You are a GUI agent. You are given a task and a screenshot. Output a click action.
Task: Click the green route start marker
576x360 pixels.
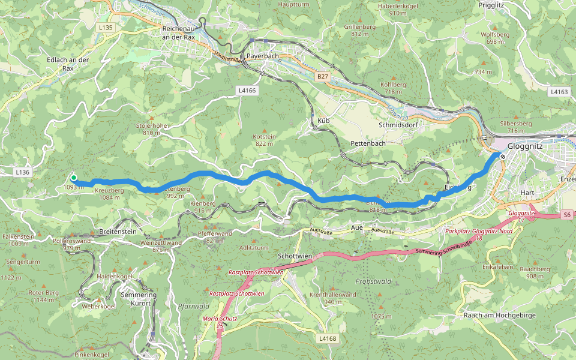pos(74,178)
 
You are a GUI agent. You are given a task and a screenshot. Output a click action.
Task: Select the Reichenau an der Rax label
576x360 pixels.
pos(179,32)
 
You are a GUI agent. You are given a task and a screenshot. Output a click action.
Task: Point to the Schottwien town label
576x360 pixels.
pos(295,256)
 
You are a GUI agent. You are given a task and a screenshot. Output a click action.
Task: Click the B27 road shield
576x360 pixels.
pos(323,77)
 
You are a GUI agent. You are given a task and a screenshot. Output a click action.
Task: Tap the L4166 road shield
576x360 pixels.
pos(247,91)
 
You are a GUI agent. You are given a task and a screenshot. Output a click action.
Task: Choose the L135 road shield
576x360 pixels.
pos(105,28)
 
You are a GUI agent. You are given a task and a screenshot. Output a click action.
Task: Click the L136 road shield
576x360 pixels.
pos(22,172)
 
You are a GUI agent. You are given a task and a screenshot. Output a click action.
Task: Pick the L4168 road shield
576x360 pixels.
pos(328,338)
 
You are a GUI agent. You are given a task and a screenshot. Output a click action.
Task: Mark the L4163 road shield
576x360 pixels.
pos(559,92)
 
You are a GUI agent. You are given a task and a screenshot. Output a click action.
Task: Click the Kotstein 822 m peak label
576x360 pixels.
pos(265,140)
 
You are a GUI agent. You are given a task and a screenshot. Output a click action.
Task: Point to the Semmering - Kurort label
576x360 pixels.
pos(139,299)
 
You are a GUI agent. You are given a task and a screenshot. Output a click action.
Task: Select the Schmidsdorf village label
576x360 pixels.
pos(398,125)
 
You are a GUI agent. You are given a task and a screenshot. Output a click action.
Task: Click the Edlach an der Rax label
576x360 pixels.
pos(68,64)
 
